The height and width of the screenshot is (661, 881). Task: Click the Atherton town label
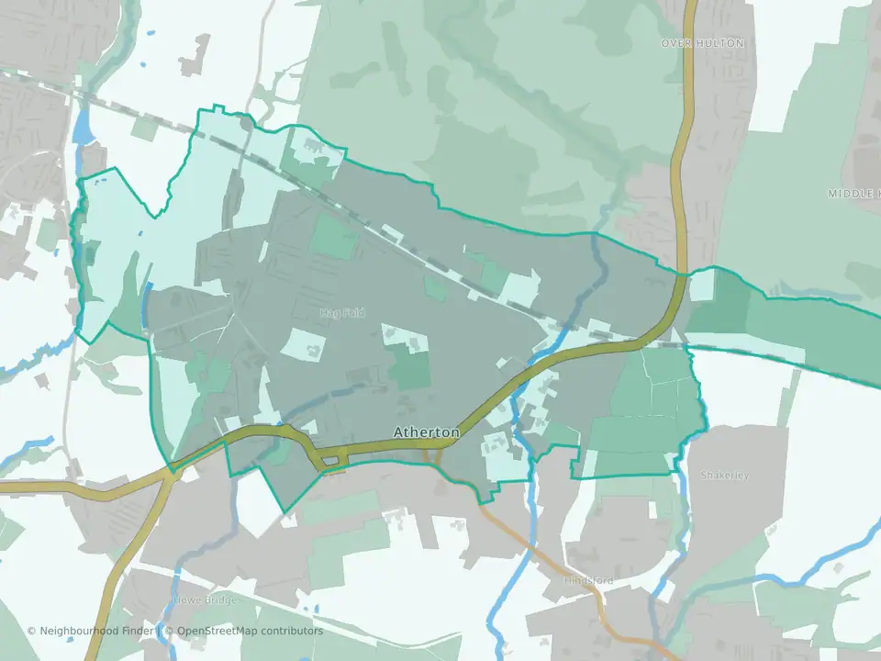426,431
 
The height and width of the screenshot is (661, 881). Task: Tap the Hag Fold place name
342,314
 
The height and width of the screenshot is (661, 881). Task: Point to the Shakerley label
725,476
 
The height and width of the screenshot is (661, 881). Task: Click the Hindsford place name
589,580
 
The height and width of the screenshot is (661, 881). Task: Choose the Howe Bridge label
205,599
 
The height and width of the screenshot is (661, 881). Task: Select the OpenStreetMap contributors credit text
250,632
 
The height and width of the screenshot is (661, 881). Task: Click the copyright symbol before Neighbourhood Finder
31,632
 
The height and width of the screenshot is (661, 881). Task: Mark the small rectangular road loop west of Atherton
331,461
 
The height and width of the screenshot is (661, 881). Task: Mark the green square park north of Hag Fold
334,237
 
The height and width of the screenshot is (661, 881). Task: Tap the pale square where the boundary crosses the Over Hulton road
702,284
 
